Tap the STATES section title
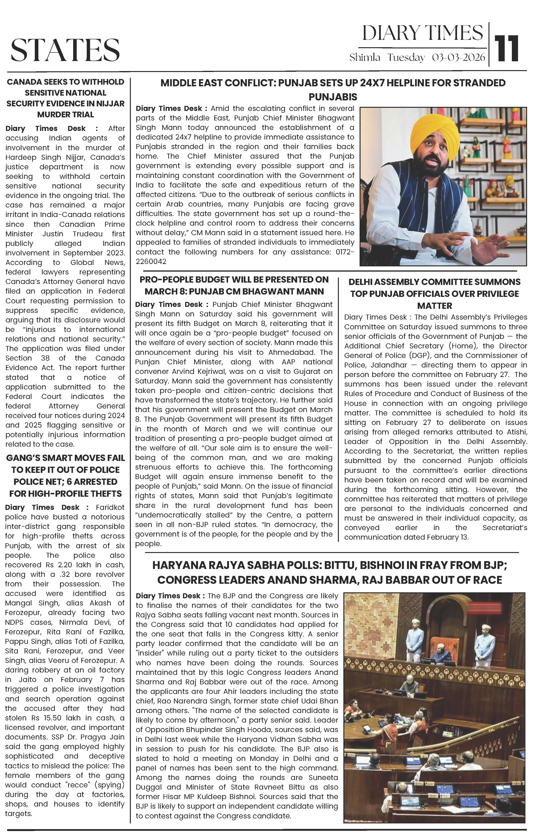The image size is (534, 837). [65, 50]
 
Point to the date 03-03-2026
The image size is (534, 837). [458, 57]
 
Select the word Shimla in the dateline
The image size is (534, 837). [365, 57]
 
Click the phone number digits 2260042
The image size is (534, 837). [151, 261]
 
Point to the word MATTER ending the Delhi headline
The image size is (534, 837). [435, 306]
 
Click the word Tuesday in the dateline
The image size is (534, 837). [406, 57]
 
